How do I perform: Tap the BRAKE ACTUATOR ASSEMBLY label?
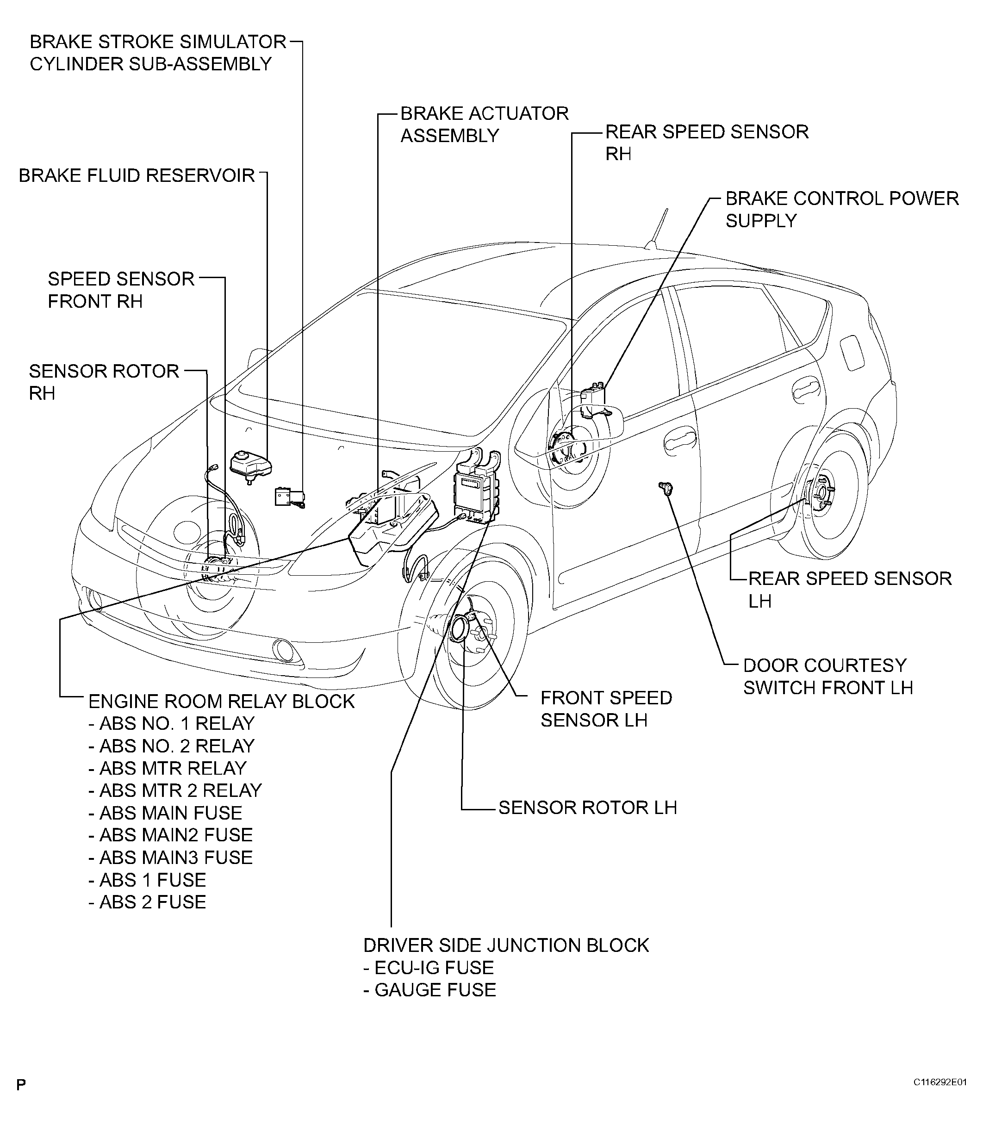[484, 124]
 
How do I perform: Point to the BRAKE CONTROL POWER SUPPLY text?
[841, 209]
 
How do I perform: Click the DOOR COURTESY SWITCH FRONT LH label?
[827, 676]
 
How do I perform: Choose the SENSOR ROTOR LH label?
[587, 808]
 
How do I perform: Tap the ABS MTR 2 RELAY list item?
[175, 790]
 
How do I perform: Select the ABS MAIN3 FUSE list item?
[171, 858]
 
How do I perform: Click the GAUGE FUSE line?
[429, 990]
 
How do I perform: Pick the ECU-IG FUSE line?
[429, 968]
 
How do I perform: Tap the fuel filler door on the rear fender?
[852, 353]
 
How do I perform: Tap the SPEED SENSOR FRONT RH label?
[121, 290]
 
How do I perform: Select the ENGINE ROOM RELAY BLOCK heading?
[221, 702]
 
